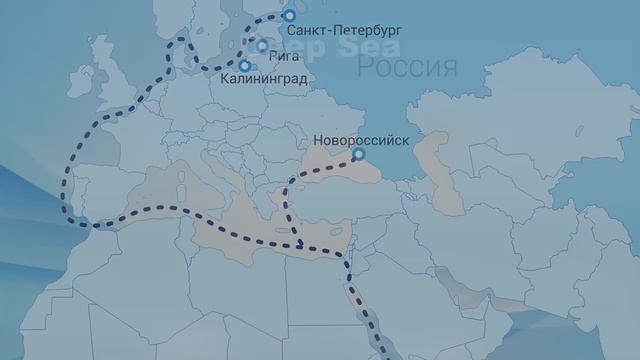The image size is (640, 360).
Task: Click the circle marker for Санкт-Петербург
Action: click(289, 16)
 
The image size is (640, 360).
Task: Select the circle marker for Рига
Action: click(262, 45)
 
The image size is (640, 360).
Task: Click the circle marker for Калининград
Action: click(245, 66)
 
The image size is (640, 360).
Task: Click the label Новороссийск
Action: click(361, 139)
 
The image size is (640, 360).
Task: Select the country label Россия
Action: click(407, 69)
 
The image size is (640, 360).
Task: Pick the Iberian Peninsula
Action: click(100, 185)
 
